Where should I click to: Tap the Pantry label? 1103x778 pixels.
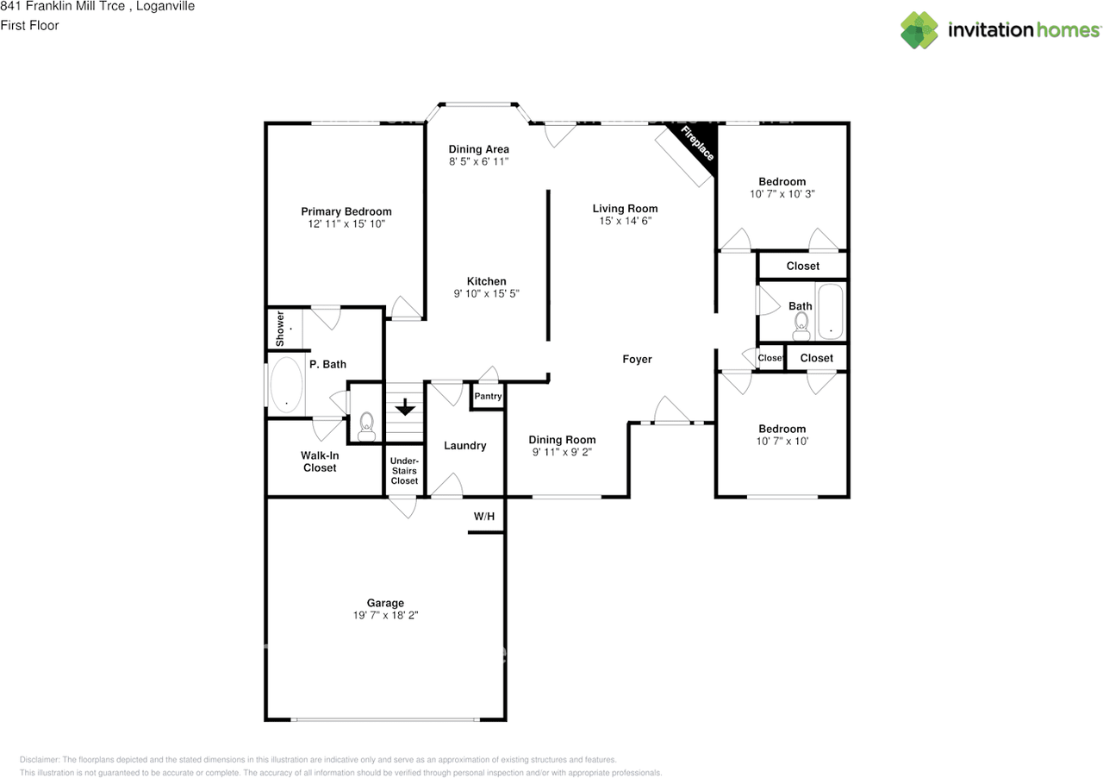point(488,397)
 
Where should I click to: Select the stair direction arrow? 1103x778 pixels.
point(404,405)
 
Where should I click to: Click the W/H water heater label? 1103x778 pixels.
point(484,517)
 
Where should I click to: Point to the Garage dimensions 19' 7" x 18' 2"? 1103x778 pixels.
point(385,616)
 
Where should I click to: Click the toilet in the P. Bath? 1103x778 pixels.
point(366,424)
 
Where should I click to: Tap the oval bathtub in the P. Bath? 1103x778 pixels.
point(286,385)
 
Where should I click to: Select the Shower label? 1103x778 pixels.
point(280,329)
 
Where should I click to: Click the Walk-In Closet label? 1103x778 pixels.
point(319,461)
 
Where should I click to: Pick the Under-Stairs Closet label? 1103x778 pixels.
point(404,471)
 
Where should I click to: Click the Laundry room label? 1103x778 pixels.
point(465,446)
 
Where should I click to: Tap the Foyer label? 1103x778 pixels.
point(638,359)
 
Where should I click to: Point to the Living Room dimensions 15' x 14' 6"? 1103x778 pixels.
point(625,221)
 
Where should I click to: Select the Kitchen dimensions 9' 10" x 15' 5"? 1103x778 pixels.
point(487,294)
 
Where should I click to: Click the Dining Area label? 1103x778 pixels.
point(479,149)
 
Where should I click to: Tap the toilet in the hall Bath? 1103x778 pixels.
point(801,323)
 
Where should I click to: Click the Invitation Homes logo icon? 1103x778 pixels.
point(919,30)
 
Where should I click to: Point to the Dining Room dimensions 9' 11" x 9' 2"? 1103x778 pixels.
point(562,452)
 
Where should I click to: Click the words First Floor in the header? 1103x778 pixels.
point(29,26)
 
